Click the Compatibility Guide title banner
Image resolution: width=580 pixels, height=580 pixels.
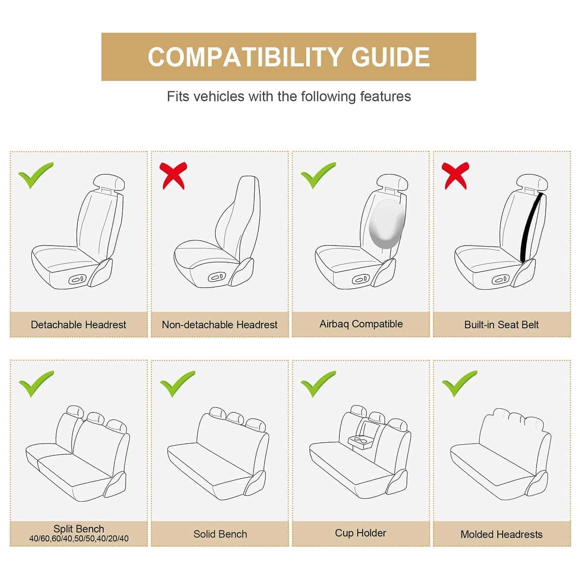(289, 57)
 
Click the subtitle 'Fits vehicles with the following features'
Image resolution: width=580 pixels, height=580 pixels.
(289, 96)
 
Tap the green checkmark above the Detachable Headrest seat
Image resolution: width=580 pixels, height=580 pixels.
(35, 175)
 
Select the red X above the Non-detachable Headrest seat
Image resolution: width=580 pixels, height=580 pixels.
(174, 175)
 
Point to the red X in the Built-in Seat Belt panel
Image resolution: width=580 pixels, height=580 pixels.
(455, 175)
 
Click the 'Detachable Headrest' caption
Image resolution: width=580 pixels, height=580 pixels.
(78, 325)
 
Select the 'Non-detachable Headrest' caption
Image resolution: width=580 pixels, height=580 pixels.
(220, 325)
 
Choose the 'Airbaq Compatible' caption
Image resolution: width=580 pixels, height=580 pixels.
(361, 324)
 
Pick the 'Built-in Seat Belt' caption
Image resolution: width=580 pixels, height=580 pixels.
(501, 325)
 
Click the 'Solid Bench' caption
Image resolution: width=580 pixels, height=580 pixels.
(220, 534)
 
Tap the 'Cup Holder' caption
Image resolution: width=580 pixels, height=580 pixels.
(361, 533)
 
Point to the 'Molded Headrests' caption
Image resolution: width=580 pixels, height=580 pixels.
(501, 535)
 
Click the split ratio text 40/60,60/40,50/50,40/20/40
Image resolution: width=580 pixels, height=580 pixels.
(79, 538)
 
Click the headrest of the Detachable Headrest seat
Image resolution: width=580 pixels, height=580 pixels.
(110, 182)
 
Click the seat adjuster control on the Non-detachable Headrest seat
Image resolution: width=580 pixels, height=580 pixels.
(216, 278)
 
